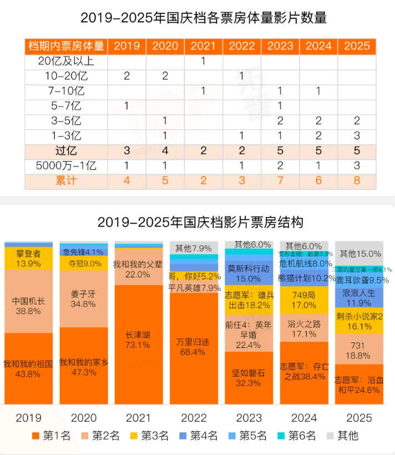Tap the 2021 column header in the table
pyautogui.click(x=203, y=46)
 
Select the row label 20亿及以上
pyautogui.click(x=66, y=61)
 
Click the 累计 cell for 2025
pyautogui.click(x=356, y=181)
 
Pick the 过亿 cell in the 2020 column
pyautogui.click(x=165, y=151)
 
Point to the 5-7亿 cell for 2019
pyautogui.click(x=126, y=106)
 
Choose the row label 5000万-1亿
pyautogui.click(x=66, y=166)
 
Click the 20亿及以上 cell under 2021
pyautogui.click(x=203, y=61)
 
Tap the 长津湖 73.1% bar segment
pyautogui.click(x=138, y=340)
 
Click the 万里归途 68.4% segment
pyautogui.click(x=193, y=347)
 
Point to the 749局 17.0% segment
pyautogui.click(x=303, y=300)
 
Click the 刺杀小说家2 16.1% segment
pyautogui.click(x=359, y=322)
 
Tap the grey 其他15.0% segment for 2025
pyautogui.click(x=359, y=253)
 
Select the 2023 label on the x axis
pyautogui.click(x=249, y=418)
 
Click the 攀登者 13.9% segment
pyautogui.click(x=28, y=258)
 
